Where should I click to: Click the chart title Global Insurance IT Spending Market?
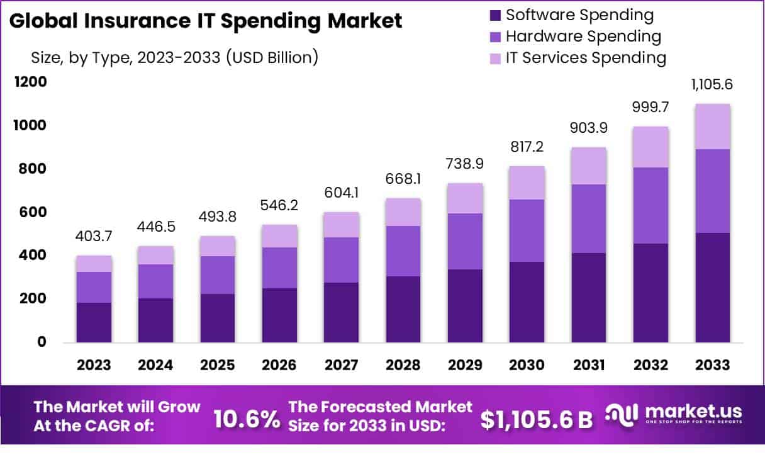pyautogui.click(x=206, y=21)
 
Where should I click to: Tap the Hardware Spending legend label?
pyautogui.click(x=583, y=37)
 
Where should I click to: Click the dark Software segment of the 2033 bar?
pyautogui.click(x=712, y=288)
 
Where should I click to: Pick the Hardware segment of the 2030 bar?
pyautogui.click(x=527, y=230)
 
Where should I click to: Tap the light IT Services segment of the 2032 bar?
pyautogui.click(x=651, y=147)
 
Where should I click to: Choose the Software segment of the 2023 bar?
pyautogui.click(x=94, y=322)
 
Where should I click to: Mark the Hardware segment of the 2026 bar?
pyautogui.click(x=280, y=268)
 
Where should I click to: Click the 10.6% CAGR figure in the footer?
pyautogui.click(x=247, y=420)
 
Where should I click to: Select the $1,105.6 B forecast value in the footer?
pyautogui.click(x=537, y=420)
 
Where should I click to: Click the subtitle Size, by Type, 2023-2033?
pyautogui.click(x=174, y=58)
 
